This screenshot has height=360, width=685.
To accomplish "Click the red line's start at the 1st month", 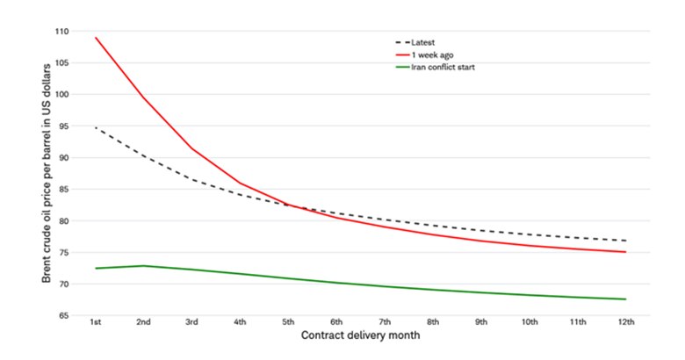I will click(x=96, y=38).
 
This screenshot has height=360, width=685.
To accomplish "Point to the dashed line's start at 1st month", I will click(x=96, y=128).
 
